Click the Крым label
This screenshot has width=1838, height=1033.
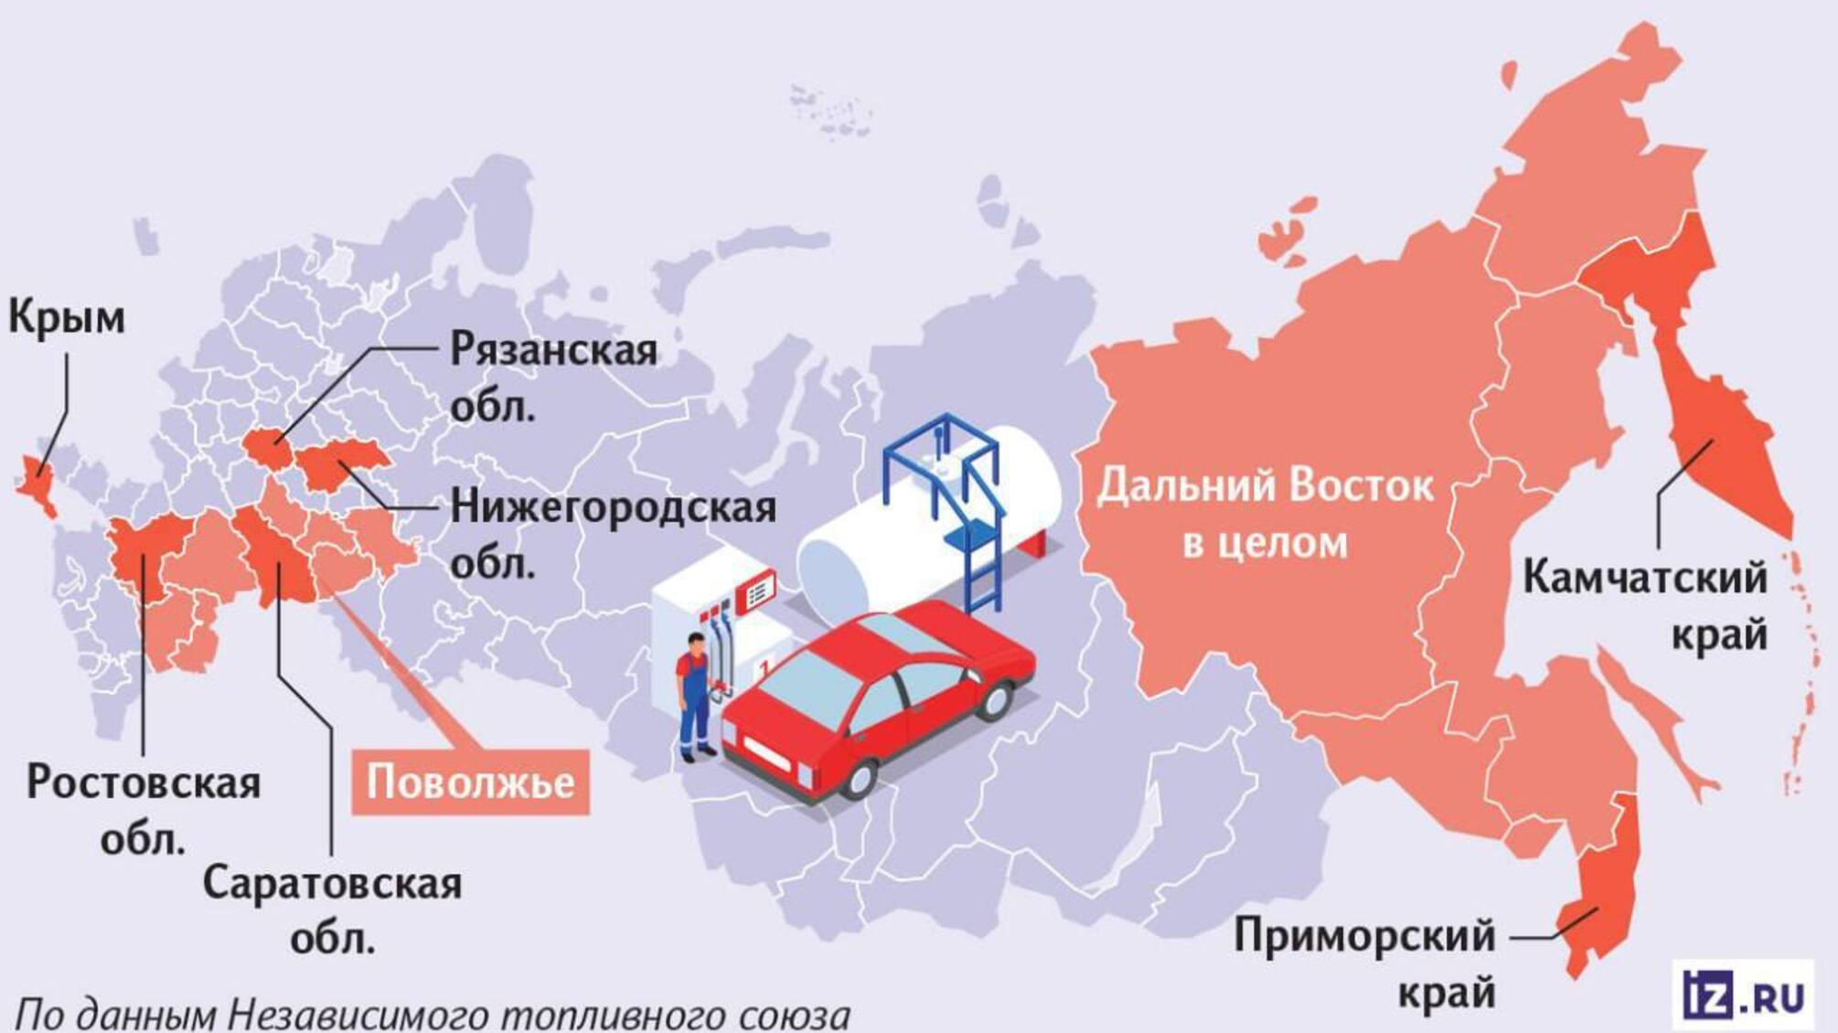66,318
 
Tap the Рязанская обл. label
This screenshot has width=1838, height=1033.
553,378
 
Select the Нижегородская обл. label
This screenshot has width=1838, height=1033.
613,534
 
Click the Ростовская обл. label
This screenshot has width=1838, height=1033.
144,808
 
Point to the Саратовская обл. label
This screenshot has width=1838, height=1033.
332,909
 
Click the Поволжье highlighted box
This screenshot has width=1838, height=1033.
470,783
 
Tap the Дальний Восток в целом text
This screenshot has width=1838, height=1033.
1266,514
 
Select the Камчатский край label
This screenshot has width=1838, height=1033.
1645,605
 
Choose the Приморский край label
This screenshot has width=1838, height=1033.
1364,964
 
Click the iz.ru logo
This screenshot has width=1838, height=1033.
1743,994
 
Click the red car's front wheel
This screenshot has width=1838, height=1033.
859,778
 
